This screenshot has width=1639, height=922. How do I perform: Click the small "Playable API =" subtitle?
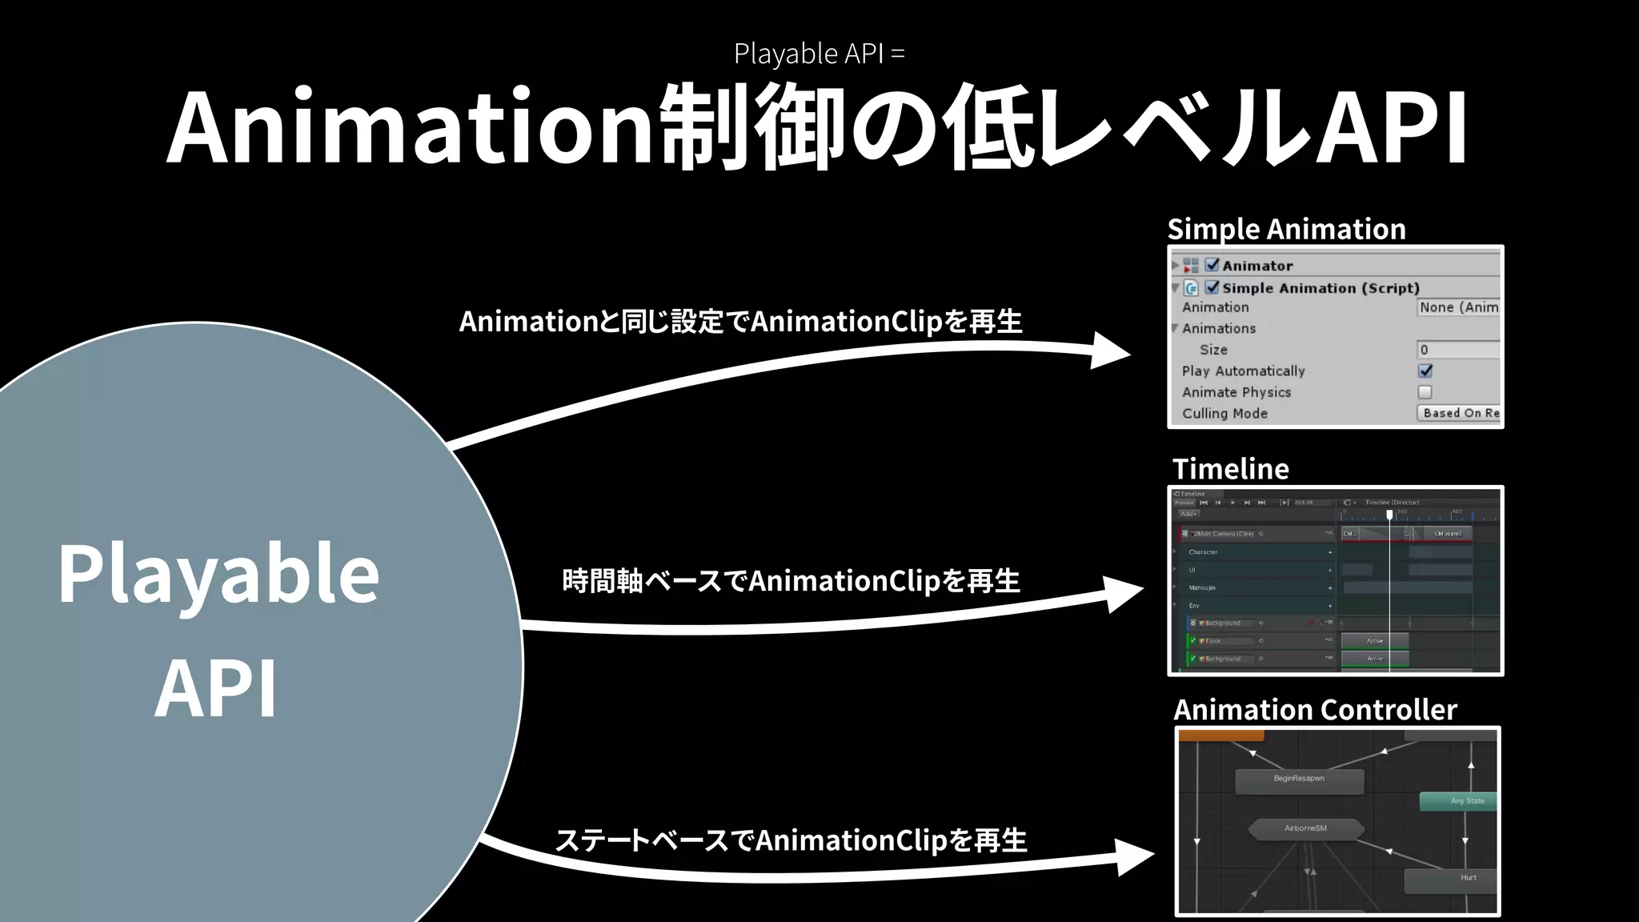tap(819, 54)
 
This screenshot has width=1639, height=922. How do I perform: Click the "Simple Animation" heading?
tap(1286, 229)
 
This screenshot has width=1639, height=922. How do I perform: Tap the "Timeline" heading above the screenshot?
tap(1230, 468)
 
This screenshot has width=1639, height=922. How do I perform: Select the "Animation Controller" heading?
tap(1315, 709)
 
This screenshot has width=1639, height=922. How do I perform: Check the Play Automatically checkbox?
tap(1425, 371)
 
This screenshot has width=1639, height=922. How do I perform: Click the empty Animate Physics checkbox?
tap(1425, 392)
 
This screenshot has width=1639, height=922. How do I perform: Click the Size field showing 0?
tap(1457, 350)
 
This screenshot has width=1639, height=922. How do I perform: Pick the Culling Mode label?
tap(1224, 414)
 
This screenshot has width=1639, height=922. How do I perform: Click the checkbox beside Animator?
tap(1212, 265)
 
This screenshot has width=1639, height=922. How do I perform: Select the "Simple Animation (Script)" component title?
tap(1320, 288)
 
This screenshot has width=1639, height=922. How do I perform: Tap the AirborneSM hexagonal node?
tap(1305, 829)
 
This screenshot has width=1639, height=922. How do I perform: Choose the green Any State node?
tap(1459, 801)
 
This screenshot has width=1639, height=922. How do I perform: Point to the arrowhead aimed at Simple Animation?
tap(1112, 351)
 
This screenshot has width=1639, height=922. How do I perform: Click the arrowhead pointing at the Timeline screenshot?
tap(1124, 594)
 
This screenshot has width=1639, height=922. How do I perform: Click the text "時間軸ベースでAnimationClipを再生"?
tap(791, 581)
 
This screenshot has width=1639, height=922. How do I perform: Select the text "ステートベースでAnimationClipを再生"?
tap(791, 840)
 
